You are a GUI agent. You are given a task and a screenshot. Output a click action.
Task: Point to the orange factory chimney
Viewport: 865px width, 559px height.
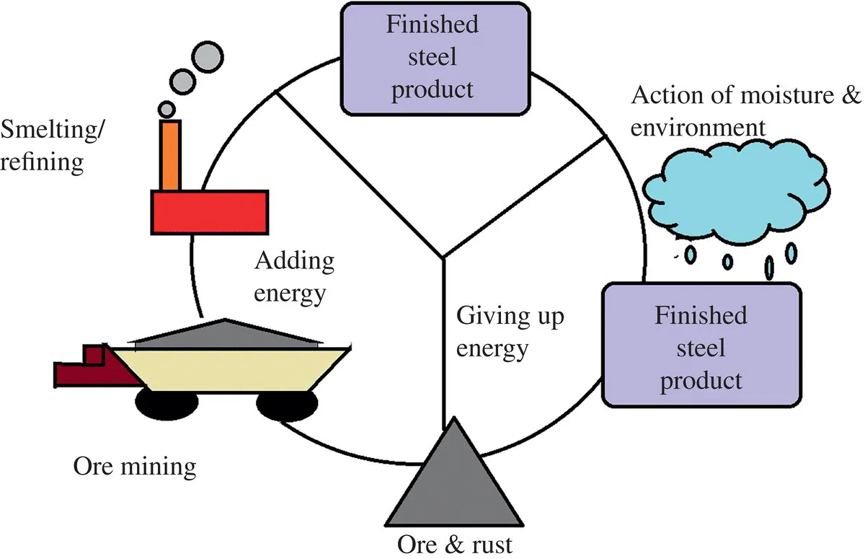(x=170, y=156)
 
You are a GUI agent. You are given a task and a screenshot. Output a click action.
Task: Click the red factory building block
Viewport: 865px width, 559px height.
(x=209, y=211)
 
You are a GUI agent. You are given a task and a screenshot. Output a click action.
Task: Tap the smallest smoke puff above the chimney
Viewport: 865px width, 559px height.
(x=167, y=109)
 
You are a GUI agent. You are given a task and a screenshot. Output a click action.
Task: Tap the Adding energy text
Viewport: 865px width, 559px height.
(x=294, y=278)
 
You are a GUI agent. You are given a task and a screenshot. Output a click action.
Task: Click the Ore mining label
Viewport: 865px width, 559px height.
(x=135, y=467)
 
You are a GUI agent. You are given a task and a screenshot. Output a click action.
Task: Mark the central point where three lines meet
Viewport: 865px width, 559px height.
(x=443, y=257)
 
